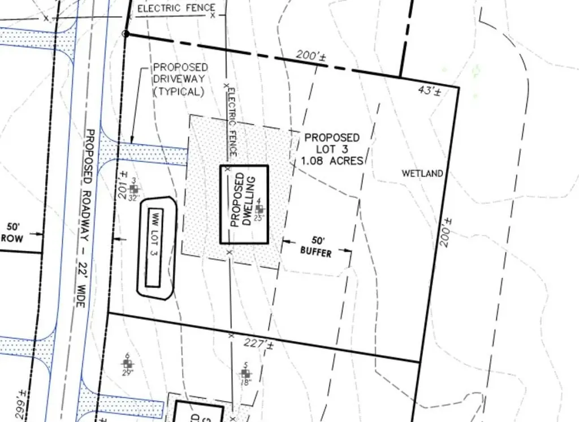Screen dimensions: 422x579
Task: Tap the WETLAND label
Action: pyautogui.click(x=422, y=174)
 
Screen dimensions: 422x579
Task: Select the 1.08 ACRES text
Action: pyautogui.click(x=332, y=161)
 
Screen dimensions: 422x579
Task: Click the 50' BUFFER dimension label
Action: pyautogui.click(x=316, y=247)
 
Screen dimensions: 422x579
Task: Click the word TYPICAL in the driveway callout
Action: pyautogui.click(x=178, y=92)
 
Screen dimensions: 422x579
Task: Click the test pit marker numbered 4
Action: pyautogui.click(x=259, y=209)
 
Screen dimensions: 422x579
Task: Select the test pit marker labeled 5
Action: pyautogui.click(x=245, y=373)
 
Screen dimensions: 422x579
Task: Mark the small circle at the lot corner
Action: pyautogui.click(x=126, y=34)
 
